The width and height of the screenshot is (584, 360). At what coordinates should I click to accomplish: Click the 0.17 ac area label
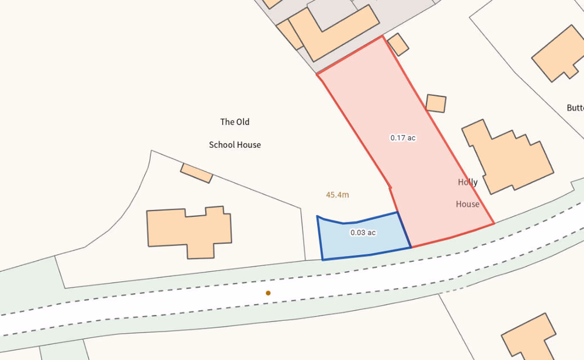pos(403,138)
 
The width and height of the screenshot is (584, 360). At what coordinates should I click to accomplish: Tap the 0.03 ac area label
pos(363,233)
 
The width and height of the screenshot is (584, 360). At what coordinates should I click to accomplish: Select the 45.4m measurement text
pos(338,195)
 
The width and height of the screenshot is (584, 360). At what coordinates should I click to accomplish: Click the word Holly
pos(468,182)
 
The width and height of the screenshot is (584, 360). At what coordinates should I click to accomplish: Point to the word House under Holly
pos(468,204)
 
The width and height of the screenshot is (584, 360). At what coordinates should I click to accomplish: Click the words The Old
pos(235,122)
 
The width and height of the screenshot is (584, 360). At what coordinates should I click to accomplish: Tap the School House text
pos(235,144)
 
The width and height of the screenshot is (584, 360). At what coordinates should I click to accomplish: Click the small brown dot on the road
pos(268,293)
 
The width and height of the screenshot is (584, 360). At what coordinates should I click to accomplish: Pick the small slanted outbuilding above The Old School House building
pos(196,172)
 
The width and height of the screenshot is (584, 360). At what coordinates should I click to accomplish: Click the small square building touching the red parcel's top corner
pos(398,44)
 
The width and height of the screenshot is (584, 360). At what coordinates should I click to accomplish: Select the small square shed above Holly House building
pos(436,103)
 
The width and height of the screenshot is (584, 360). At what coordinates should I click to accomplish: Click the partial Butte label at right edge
pos(575,108)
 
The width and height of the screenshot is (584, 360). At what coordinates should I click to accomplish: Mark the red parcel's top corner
pos(383,36)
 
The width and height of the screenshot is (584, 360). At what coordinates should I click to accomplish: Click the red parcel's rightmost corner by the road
pos(494,223)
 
